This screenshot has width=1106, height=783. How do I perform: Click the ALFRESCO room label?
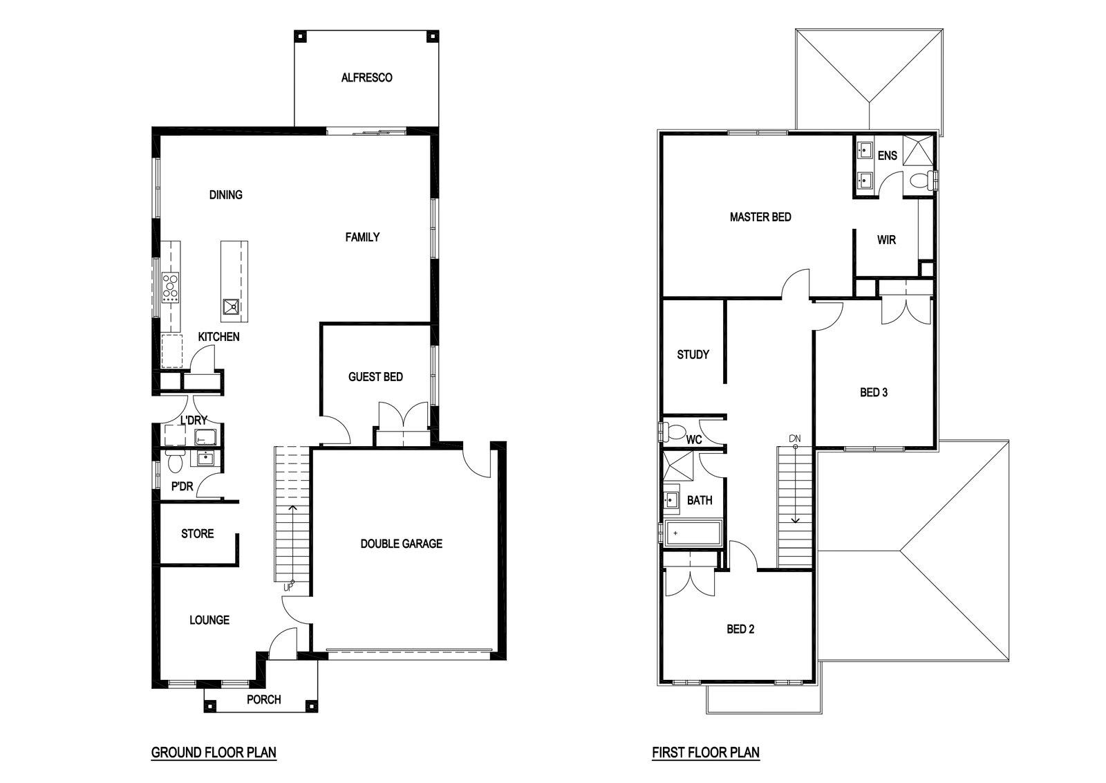(x=367, y=77)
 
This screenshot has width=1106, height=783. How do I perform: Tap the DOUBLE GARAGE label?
(x=402, y=544)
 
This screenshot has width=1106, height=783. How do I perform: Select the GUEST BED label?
(x=376, y=377)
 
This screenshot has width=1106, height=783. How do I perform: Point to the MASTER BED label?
(x=760, y=217)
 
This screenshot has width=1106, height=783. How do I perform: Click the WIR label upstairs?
(x=886, y=240)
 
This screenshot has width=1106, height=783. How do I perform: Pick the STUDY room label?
(x=693, y=354)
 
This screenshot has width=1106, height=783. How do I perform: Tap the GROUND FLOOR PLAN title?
(x=214, y=753)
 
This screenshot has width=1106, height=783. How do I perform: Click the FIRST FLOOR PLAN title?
(x=706, y=753)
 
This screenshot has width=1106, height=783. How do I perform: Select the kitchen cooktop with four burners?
(x=171, y=288)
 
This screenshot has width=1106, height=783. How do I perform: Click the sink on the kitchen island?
(x=231, y=307)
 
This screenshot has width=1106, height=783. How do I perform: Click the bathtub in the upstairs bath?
(x=693, y=533)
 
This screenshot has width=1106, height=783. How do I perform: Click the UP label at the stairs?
(x=288, y=587)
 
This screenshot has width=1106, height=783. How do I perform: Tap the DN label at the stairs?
(x=795, y=439)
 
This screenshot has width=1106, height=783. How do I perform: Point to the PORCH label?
(x=263, y=699)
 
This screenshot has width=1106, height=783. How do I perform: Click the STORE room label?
(x=198, y=533)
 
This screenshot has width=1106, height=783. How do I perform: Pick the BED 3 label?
(x=874, y=392)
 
